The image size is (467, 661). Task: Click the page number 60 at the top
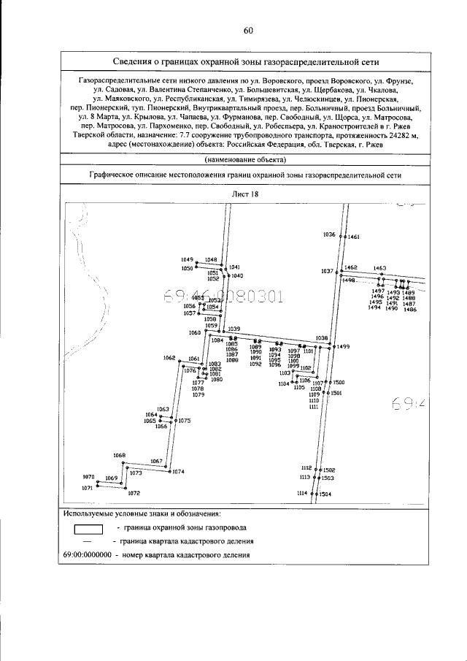pos(247,30)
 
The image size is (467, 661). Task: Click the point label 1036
pos(328,234)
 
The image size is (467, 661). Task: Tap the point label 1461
pos(355,237)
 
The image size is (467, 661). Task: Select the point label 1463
pos(379,268)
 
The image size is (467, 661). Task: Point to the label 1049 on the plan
pos(187,260)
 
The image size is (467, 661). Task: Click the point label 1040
pos(237,276)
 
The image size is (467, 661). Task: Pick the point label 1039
pos(233,329)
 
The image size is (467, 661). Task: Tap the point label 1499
pos(344,346)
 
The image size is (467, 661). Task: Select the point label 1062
pos(169,358)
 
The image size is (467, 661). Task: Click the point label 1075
pos(184,421)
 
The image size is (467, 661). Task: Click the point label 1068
pos(119,455)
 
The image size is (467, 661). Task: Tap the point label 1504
pos(325,494)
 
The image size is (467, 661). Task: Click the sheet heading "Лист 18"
pos(245,194)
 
